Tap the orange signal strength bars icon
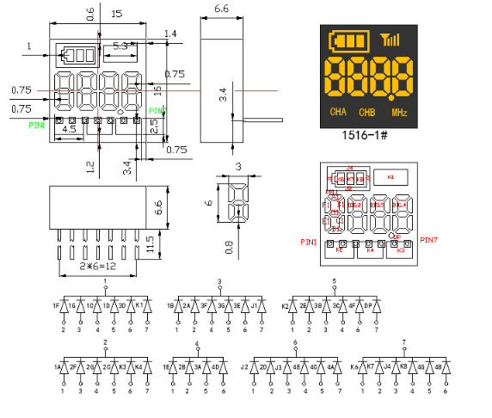[391, 39]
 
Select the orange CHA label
[339, 113]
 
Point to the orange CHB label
[366, 113]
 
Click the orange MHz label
[399, 113]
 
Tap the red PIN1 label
[309, 243]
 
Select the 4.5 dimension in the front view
[70, 130]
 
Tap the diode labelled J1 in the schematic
[255, 306]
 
